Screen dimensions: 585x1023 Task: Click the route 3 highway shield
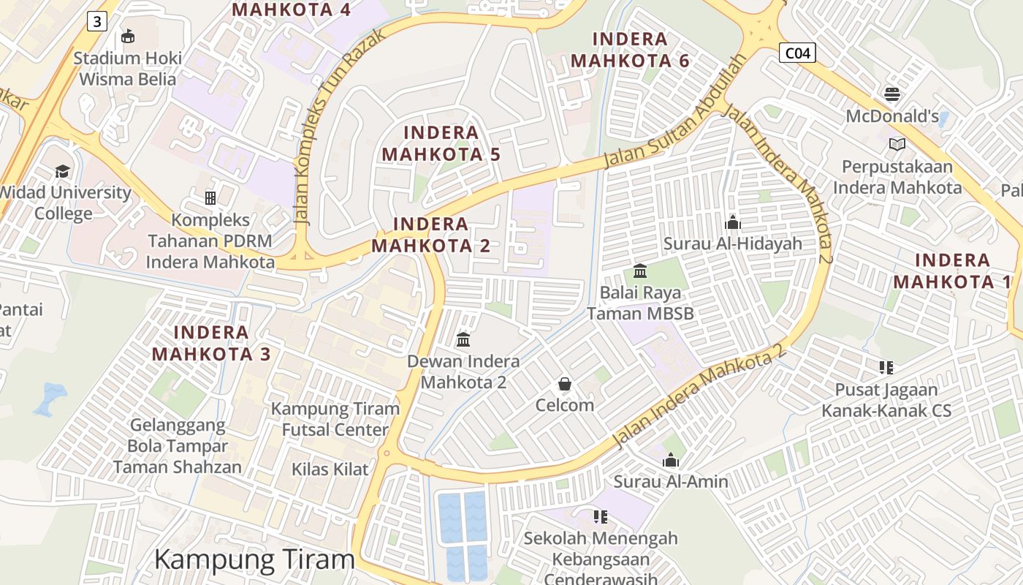96,21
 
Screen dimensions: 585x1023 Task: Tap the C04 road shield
796,53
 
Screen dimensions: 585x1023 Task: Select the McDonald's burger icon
891,94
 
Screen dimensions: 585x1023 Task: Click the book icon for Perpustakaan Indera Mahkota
897,144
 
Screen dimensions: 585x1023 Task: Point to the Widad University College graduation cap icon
62,171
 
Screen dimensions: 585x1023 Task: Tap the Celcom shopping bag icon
564,383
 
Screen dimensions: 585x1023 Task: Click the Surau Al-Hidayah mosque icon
732,222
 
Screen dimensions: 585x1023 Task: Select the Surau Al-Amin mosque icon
670,460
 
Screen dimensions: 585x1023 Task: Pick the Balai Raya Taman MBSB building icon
640,271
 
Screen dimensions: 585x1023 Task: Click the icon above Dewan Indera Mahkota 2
463,339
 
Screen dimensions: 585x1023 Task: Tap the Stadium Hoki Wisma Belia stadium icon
128,36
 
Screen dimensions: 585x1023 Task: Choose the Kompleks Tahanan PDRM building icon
210,197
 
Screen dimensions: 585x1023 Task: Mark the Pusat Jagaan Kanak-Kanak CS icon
886,368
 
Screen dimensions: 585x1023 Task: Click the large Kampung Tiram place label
254,559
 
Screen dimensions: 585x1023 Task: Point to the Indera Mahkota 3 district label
211,343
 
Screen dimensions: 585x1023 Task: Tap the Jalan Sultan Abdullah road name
675,112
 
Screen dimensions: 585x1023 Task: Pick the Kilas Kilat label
330,469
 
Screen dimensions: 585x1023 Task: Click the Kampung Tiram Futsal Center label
335,419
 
